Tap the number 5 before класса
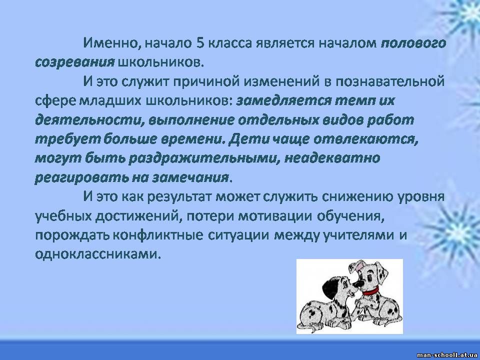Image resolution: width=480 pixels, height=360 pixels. coord(200,43)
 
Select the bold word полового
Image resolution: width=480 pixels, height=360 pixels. coord(413,43)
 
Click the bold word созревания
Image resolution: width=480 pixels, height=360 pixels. coord(74,62)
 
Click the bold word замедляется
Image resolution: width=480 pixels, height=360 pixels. coord(284,100)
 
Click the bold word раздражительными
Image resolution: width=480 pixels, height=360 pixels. coord(204,158)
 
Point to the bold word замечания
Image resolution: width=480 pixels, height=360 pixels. coord(191,177)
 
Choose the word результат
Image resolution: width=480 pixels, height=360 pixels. coord(179,196)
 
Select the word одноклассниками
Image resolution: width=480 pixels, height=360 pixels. coord(98,254)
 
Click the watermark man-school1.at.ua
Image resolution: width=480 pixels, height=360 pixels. coord(447,355)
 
